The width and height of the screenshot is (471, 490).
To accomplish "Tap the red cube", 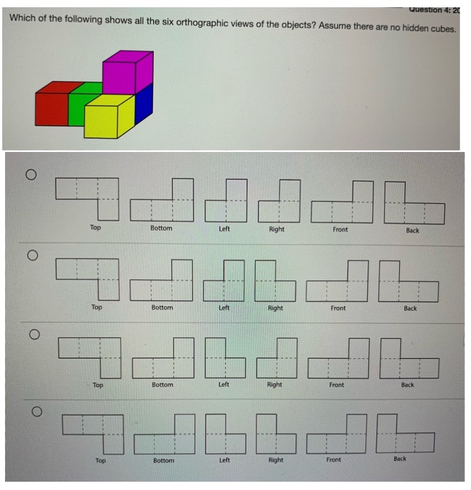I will [51, 108].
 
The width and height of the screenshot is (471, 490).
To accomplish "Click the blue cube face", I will [144, 103].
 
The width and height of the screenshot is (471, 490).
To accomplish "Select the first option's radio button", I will [31, 175].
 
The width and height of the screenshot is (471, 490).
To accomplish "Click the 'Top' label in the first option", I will [96, 227].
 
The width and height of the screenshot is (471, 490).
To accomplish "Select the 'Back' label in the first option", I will [412, 230].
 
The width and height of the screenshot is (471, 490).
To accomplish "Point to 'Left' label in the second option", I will [224, 308].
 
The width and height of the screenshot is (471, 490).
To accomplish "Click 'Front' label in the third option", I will [337, 384].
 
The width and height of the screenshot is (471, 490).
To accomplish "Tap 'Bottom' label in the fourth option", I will [163, 460].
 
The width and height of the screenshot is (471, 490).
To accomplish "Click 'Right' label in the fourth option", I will [276, 460].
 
